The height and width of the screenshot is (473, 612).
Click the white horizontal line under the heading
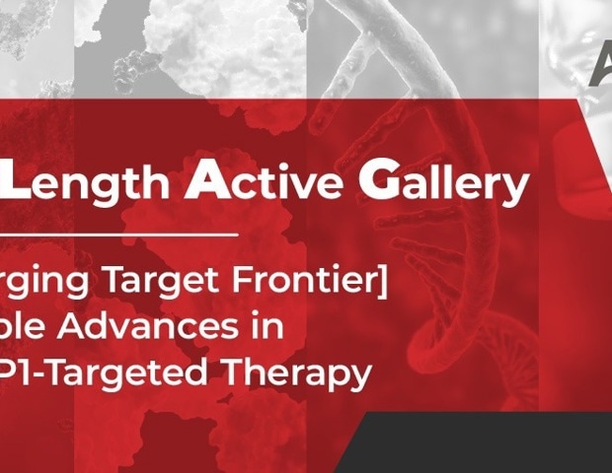tap(118, 235)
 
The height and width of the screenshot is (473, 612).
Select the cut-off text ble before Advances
tap(27, 327)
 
